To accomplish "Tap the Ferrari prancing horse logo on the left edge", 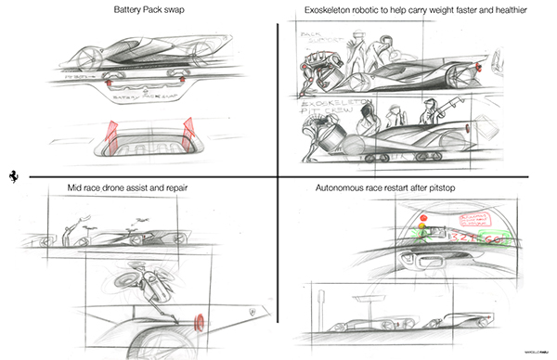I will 12,176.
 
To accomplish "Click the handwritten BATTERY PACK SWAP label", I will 138,95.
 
